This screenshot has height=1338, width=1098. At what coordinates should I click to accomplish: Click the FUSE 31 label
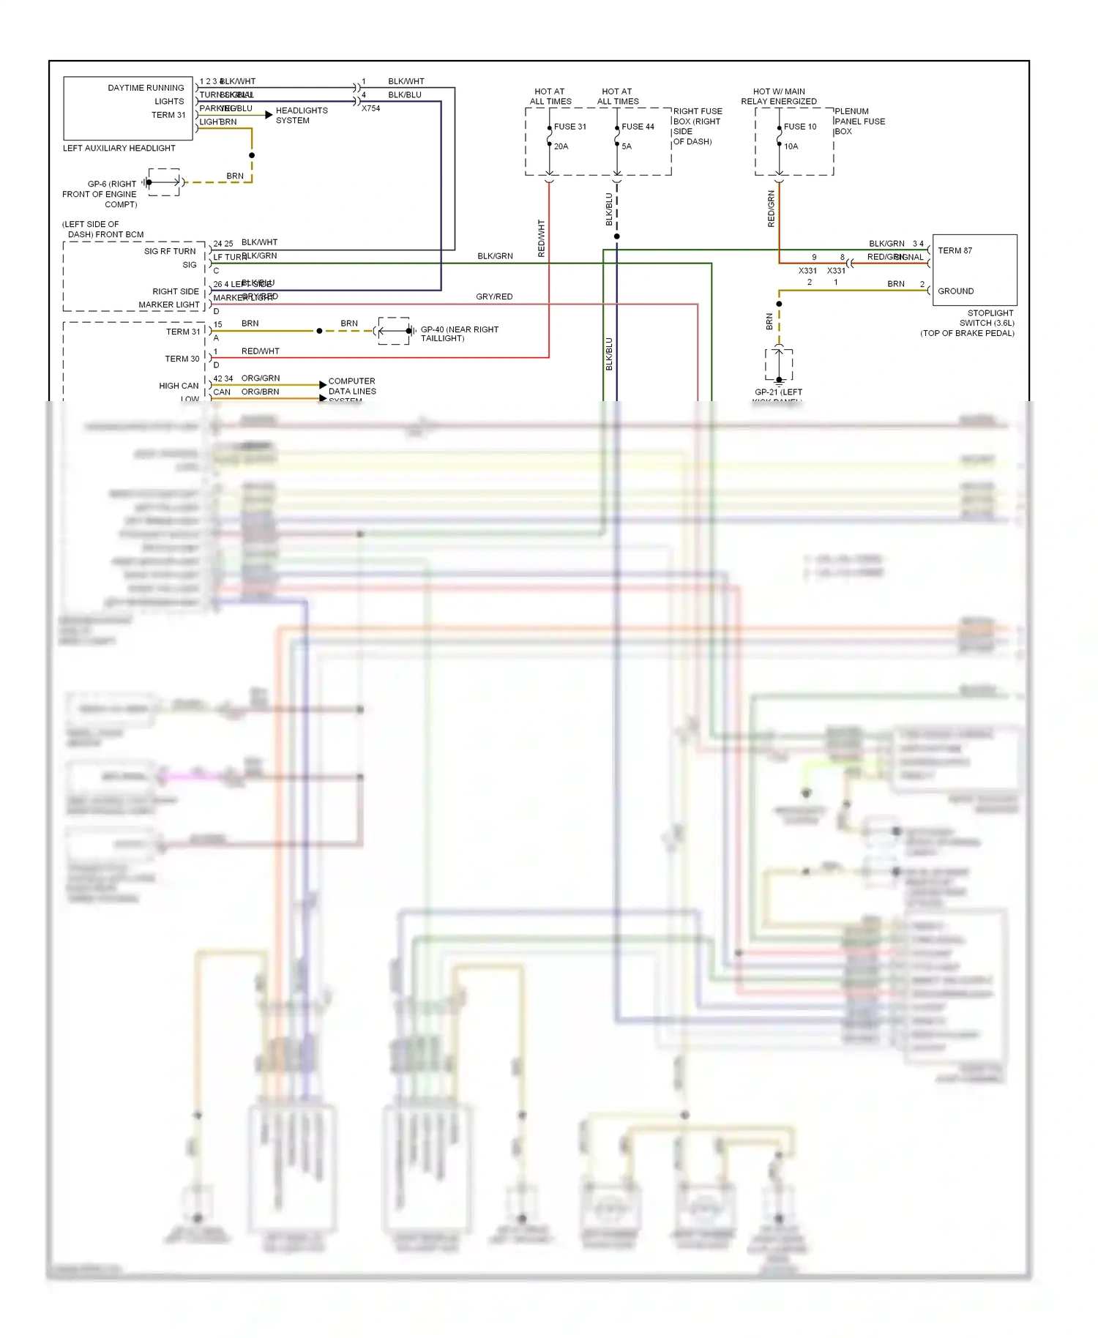[x=569, y=127]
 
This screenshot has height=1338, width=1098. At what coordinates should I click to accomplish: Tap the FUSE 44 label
[x=638, y=127]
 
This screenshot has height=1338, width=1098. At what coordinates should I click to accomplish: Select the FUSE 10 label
[x=799, y=127]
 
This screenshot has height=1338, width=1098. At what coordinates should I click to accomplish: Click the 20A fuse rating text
[x=561, y=146]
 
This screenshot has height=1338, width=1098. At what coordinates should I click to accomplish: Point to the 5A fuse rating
[x=627, y=146]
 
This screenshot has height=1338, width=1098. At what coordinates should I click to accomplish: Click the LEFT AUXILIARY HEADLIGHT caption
[x=119, y=148]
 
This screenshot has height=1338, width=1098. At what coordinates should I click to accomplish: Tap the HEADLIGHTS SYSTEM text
[x=301, y=116]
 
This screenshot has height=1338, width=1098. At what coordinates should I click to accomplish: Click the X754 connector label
[x=370, y=108]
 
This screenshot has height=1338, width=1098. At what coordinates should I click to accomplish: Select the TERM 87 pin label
[x=955, y=250]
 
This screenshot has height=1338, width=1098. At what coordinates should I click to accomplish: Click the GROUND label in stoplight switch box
[x=955, y=291]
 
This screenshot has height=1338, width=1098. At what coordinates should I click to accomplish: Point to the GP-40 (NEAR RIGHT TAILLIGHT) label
[x=459, y=334]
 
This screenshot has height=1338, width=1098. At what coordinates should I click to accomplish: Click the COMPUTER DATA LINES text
[x=351, y=386]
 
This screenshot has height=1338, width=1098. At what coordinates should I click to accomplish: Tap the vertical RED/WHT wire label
[x=542, y=238]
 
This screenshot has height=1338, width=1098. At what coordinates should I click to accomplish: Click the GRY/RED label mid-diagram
[x=494, y=296]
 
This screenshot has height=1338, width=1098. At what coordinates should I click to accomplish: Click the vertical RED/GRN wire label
[x=771, y=209]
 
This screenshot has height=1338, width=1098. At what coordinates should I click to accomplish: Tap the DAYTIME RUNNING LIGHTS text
[x=146, y=94]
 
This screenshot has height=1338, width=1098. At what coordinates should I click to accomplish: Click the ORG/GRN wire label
[x=260, y=378]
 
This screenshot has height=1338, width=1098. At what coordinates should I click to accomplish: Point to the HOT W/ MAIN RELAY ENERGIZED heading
[x=778, y=97]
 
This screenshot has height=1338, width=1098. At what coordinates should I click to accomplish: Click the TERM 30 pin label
[x=182, y=359]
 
